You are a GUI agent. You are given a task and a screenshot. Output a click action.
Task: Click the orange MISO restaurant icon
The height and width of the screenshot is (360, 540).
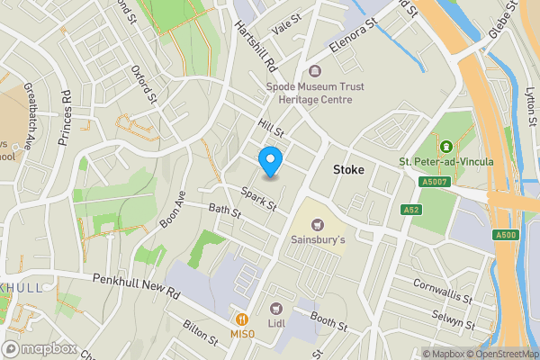point(241,319)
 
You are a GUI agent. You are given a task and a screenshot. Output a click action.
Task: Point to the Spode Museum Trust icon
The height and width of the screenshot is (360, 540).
point(314,70)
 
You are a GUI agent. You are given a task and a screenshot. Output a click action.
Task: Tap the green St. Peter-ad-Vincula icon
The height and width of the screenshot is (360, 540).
point(445,146)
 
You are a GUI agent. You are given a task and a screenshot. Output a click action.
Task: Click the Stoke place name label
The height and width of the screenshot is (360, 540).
point(350,168)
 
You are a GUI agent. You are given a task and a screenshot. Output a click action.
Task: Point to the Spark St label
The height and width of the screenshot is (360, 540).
point(258,198)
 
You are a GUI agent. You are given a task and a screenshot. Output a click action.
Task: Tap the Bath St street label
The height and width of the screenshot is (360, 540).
point(225,213)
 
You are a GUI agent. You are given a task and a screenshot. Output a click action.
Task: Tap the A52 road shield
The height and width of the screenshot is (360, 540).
point(411,209)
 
